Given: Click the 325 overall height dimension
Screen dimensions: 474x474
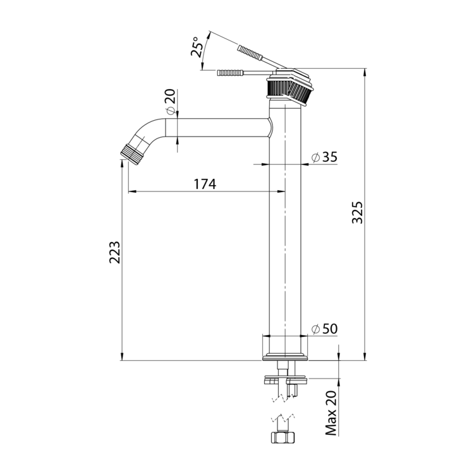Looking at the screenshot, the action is coord(358,212).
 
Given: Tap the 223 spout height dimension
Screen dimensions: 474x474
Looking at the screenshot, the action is coord(115,252).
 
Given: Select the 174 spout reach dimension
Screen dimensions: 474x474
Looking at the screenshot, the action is coord(205,184).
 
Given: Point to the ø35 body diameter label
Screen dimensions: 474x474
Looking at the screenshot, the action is coord(324,157).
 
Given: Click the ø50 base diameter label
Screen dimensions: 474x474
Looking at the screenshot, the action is coord(324,329).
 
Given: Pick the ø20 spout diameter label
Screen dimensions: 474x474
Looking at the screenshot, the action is coord(171,102).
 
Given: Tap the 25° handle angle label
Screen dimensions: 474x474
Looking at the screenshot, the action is coord(197,47).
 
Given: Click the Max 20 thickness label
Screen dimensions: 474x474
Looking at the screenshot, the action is coord(331,413).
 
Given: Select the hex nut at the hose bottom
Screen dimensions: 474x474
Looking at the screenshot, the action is coord(283,437).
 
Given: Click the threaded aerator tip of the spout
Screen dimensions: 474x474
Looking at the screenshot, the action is coord(131,154).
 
